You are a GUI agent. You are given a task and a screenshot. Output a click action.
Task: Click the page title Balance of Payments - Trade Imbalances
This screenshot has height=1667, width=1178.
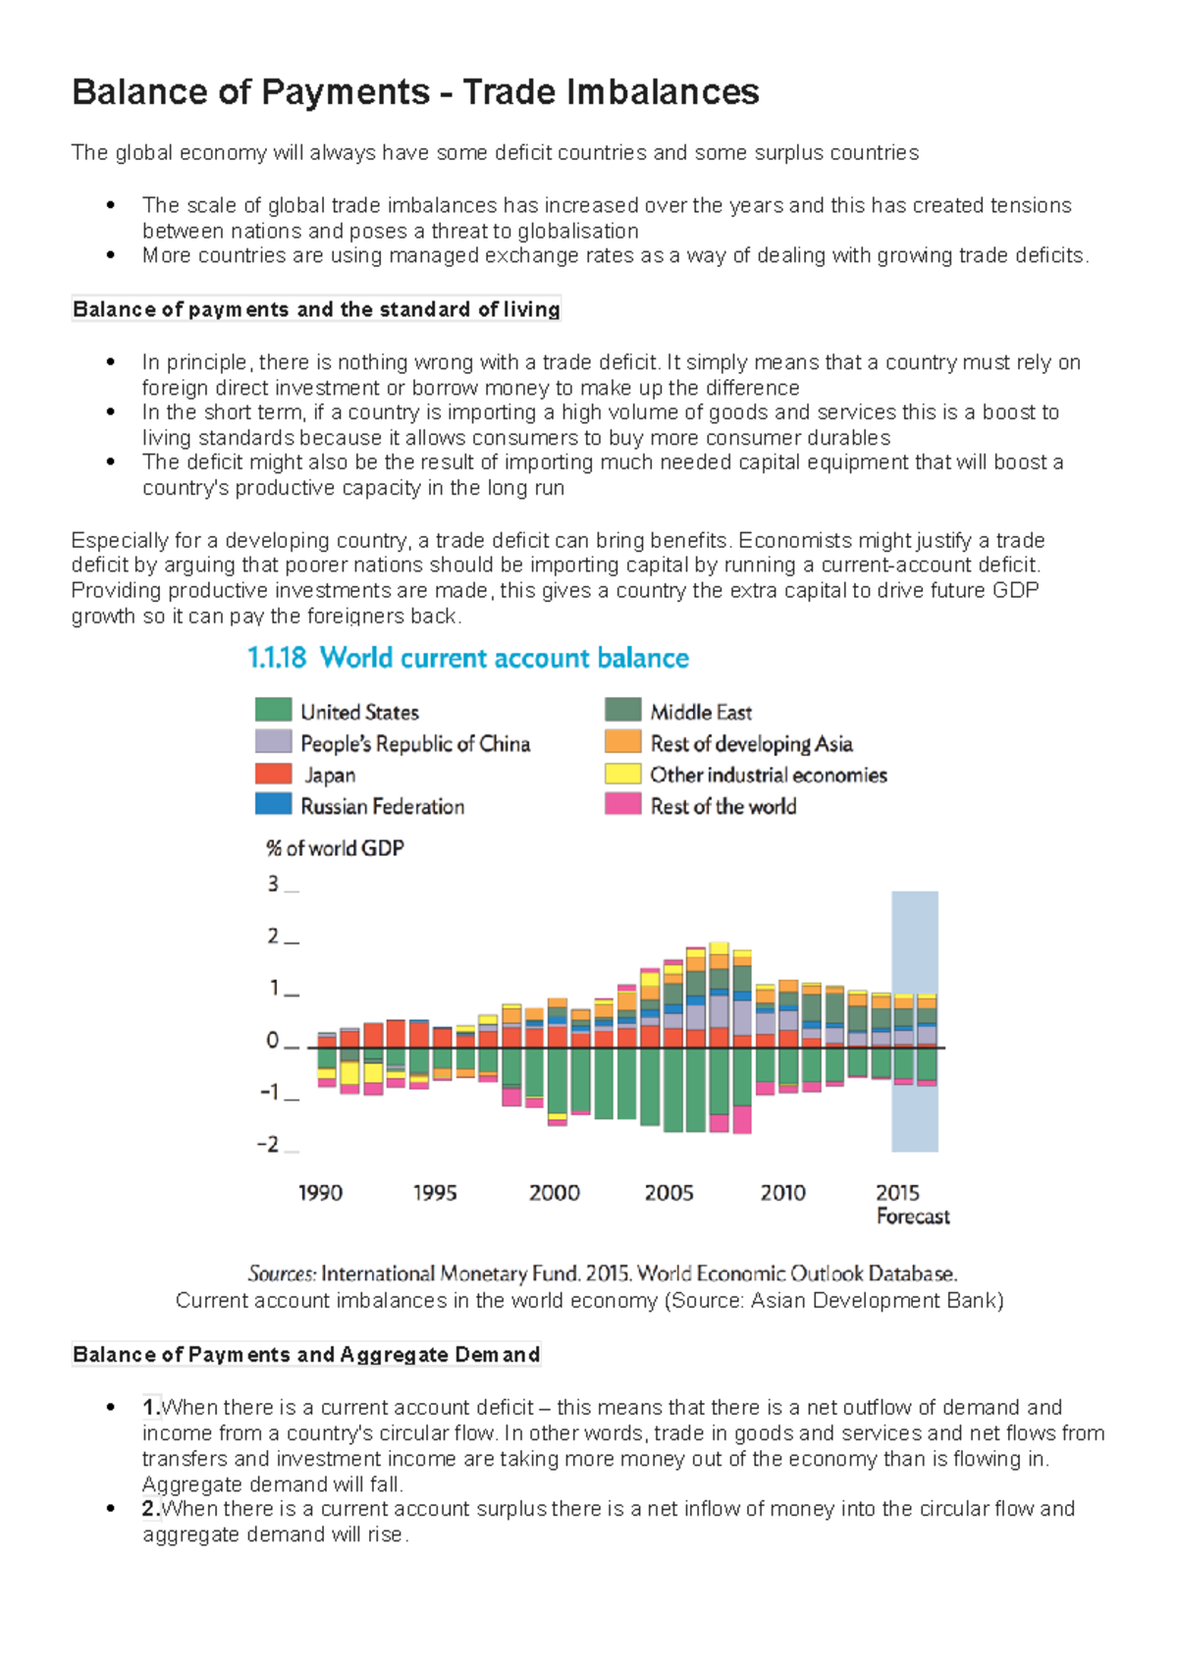click(415, 92)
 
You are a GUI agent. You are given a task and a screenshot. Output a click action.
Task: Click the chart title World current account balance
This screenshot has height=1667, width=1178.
click(504, 658)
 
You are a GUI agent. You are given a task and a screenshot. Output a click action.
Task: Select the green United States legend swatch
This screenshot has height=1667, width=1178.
click(273, 710)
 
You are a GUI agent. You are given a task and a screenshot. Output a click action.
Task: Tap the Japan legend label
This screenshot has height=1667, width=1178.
click(330, 775)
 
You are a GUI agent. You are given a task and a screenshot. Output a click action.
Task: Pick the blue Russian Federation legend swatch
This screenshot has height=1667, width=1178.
click(273, 804)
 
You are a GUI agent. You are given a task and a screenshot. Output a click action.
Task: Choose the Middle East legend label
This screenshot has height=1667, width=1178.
click(701, 712)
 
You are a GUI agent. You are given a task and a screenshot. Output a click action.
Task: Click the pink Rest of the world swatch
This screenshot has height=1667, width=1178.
click(622, 804)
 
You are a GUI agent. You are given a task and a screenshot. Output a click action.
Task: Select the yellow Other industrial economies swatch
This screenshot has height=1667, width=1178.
click(622, 774)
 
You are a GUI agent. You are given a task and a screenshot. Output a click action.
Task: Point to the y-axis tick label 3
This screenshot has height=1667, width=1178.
click(273, 884)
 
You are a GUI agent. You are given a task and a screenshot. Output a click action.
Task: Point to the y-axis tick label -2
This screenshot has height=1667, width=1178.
click(268, 1145)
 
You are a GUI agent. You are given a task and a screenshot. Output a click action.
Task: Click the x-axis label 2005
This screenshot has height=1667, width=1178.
click(669, 1193)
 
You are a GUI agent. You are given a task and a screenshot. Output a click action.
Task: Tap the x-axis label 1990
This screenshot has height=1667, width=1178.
click(320, 1193)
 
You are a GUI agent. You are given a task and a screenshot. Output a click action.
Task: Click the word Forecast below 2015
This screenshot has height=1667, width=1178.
click(913, 1216)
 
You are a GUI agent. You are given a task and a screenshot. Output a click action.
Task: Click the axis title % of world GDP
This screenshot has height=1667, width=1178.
click(335, 848)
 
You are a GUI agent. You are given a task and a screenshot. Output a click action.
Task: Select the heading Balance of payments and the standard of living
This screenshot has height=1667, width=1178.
click(316, 309)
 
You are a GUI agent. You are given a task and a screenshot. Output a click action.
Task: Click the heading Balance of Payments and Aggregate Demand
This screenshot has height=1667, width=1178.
click(306, 1355)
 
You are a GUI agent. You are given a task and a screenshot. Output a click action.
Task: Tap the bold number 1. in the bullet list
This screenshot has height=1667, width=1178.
click(151, 1407)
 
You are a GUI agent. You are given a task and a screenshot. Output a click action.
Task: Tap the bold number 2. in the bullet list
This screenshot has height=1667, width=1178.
click(151, 1508)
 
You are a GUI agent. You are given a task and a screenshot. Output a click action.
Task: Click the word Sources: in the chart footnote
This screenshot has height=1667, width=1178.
click(282, 1273)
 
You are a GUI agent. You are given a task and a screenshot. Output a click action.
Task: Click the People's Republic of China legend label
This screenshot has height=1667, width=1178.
click(415, 743)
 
